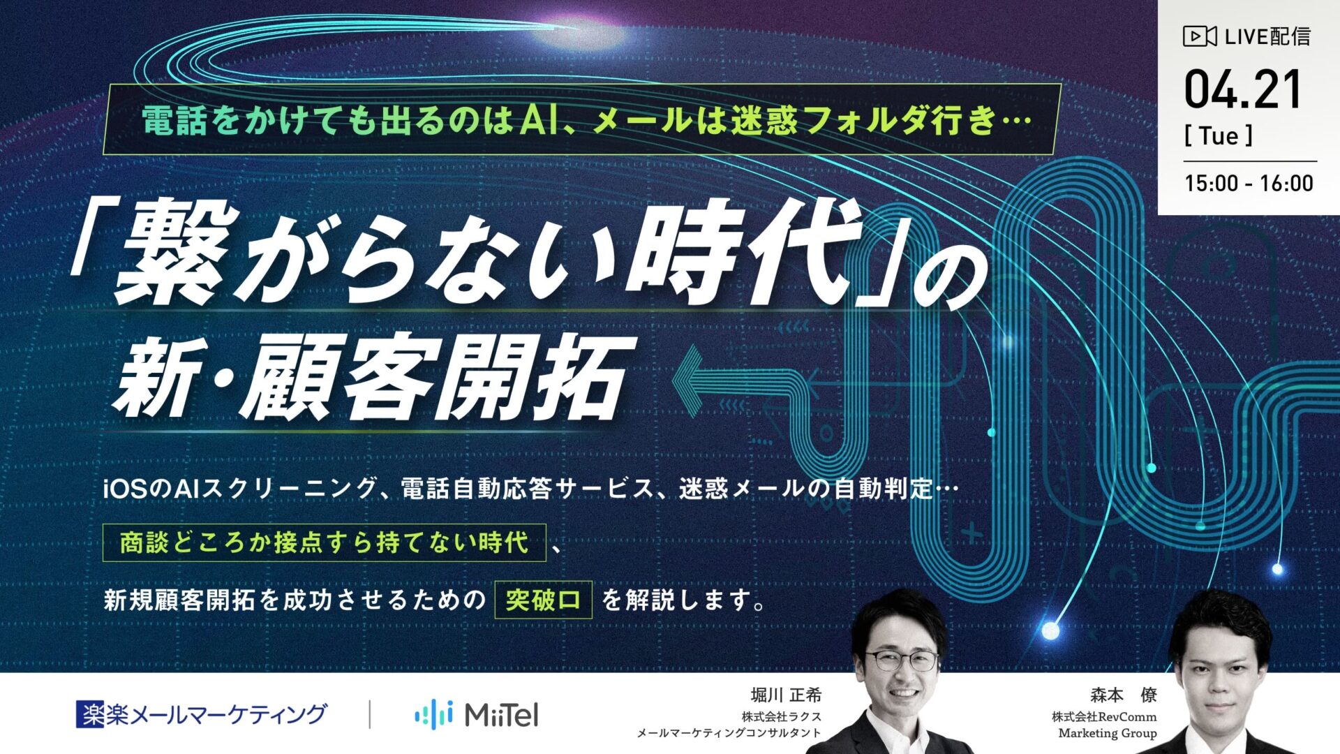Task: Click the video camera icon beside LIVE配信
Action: [x=1199, y=36]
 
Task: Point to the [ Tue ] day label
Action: [x=1219, y=136]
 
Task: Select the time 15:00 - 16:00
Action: [x=1249, y=184]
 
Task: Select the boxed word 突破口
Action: [x=543, y=600]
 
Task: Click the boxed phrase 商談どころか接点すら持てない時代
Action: [x=324, y=542]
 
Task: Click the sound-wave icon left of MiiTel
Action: [x=433, y=714]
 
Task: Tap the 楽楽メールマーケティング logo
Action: [x=201, y=714]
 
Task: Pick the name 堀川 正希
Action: [x=786, y=695]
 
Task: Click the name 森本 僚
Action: [x=1124, y=695]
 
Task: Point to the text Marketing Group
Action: [x=1107, y=733]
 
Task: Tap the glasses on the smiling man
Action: [x=901, y=660]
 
